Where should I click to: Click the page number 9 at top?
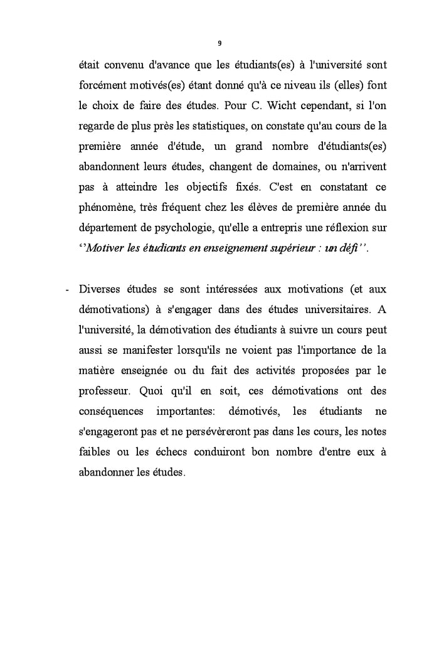[x=219, y=43]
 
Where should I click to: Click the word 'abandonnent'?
[x=108, y=168]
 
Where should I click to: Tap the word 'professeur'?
[x=103, y=392]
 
